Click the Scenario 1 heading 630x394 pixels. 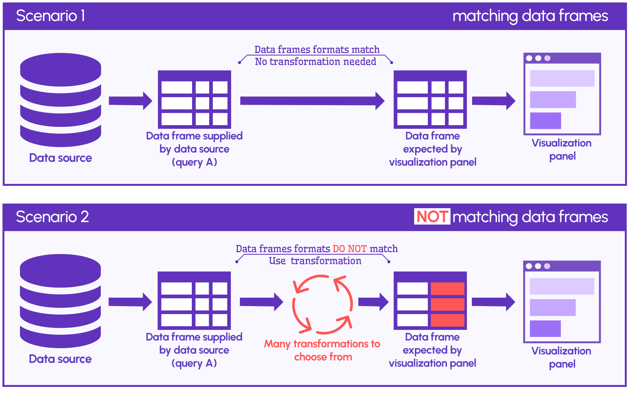click(51, 16)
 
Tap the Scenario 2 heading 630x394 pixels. click(52, 217)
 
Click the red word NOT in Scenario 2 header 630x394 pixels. click(432, 217)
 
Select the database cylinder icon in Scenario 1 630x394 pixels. click(61, 100)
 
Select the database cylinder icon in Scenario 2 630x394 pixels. click(60, 301)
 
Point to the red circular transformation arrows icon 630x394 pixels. click(322, 305)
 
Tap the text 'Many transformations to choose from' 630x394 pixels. click(322, 350)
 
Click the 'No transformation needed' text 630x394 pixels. click(316, 62)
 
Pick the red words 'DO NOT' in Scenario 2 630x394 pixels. click(349, 249)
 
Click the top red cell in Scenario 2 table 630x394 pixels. click(448, 289)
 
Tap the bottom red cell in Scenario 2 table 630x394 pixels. click(448, 320)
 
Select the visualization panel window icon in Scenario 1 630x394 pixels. click(562, 94)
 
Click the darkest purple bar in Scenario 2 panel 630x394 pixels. click(545, 329)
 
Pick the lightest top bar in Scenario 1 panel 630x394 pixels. click(562, 78)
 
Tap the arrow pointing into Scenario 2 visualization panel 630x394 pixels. click(493, 302)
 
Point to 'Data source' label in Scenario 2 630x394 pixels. click(60, 359)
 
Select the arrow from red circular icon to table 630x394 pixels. click(373, 302)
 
